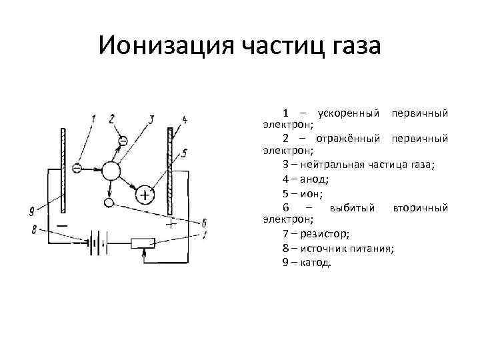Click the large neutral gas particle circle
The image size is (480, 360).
click(110, 171)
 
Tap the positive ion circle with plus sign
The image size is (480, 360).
click(145, 195)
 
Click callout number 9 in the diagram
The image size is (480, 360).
click(32, 213)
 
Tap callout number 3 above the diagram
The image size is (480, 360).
click(151, 120)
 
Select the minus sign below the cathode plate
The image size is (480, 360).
click(61, 226)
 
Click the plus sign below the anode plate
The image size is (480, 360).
click(171, 224)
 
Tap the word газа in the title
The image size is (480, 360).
click(349, 47)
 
